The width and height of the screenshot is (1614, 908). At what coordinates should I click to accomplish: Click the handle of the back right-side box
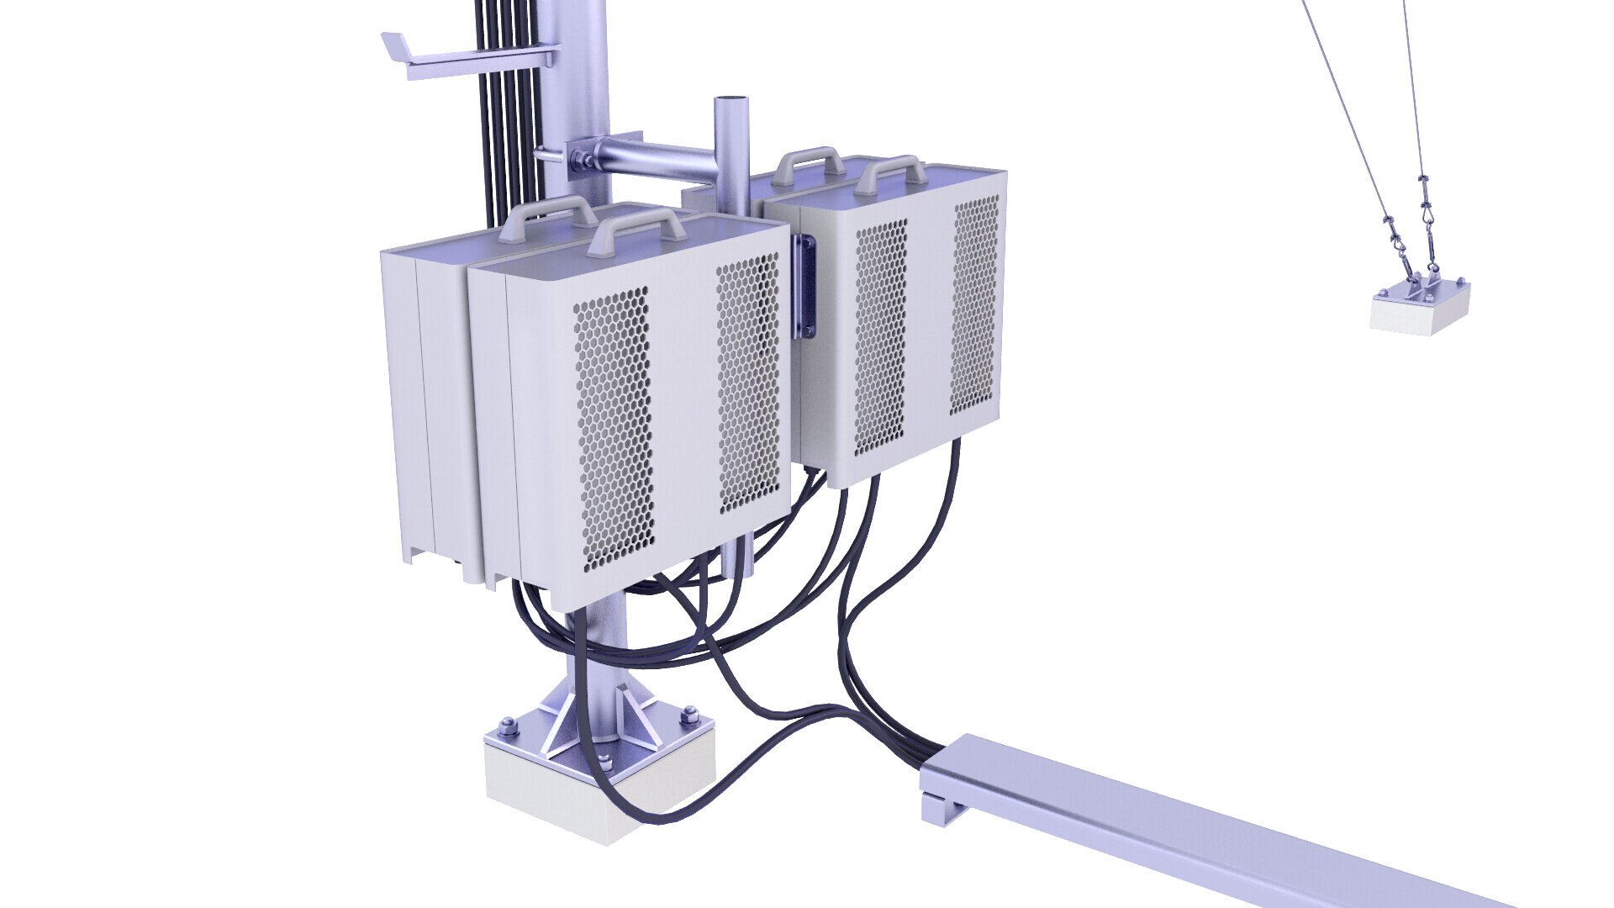pyautogui.click(x=809, y=157)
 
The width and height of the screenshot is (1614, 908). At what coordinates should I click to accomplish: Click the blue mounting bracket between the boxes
pyautogui.click(x=805, y=286)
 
